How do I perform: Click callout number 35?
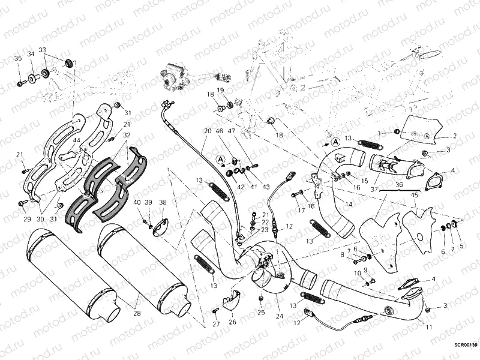pyautogui.click(x=18, y=58)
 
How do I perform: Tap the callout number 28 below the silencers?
pyautogui.click(x=138, y=314)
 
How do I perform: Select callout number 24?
pyautogui.click(x=279, y=316)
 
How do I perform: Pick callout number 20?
pyautogui.click(x=207, y=130)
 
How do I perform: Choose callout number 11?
pyautogui.click(x=428, y=328)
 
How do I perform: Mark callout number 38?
pyautogui.click(x=163, y=202)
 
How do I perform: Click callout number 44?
pyautogui.click(x=76, y=140)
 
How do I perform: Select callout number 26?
pyautogui.click(x=232, y=322)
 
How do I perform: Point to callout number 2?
pyautogui.click(x=455, y=136)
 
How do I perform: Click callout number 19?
pyautogui.click(x=220, y=91)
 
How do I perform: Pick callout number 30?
pyautogui.click(x=40, y=219)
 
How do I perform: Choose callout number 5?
pyautogui.click(x=461, y=246)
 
